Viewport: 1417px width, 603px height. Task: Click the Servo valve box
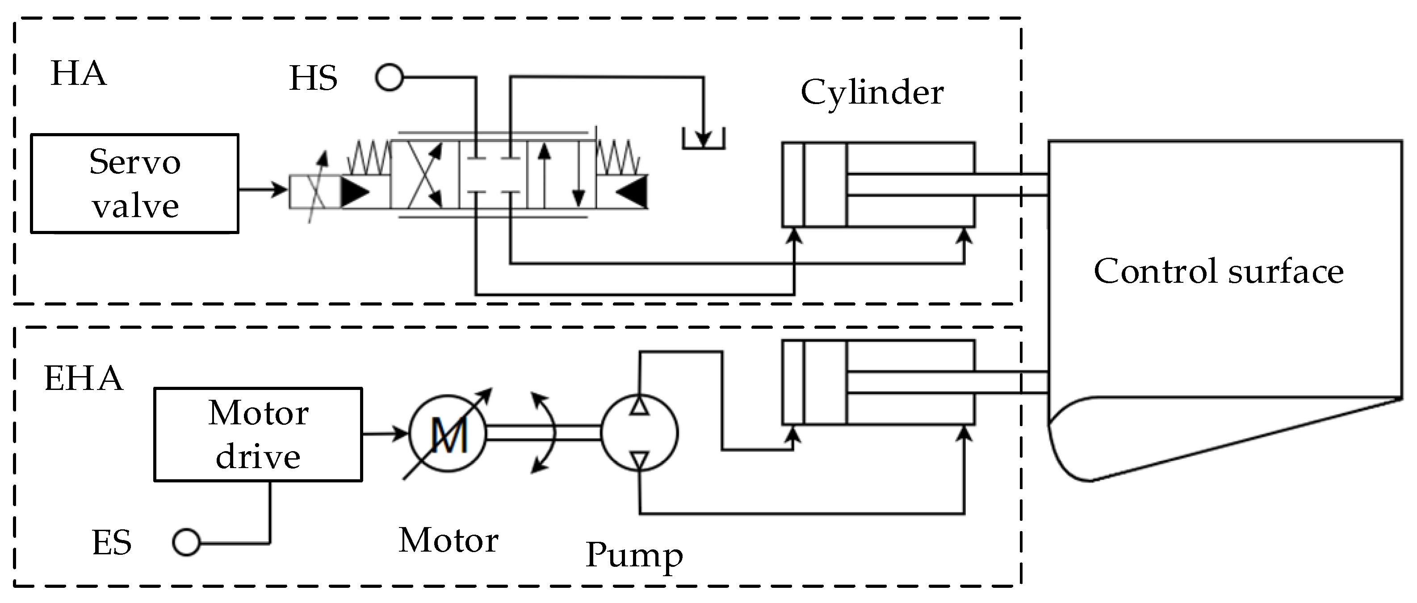pos(135,184)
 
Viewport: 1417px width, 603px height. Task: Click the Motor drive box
pos(258,435)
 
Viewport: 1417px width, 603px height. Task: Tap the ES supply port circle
pos(186,543)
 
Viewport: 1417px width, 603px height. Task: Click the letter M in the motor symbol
pos(449,435)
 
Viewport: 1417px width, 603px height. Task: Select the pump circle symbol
pos(639,433)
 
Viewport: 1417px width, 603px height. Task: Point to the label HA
pos(78,74)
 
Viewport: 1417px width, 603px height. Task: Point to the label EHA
pos(83,378)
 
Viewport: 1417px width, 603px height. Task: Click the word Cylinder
pos(872,92)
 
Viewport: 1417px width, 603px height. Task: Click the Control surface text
pos(1218,271)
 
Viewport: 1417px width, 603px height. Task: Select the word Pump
pos(634,555)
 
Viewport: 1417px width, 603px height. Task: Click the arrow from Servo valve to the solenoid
pos(263,190)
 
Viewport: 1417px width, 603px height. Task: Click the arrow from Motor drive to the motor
pos(385,434)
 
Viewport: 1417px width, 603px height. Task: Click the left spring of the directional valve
pos(369,158)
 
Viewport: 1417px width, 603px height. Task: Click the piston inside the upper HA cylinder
pos(825,185)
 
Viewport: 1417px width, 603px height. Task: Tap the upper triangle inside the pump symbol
pos(639,406)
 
